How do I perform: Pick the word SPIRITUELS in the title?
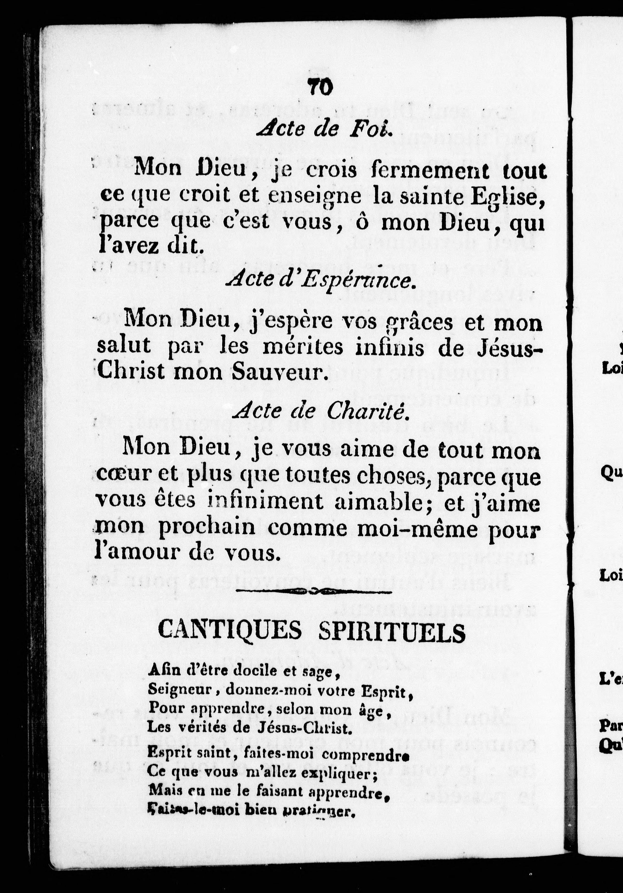[x=392, y=631]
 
